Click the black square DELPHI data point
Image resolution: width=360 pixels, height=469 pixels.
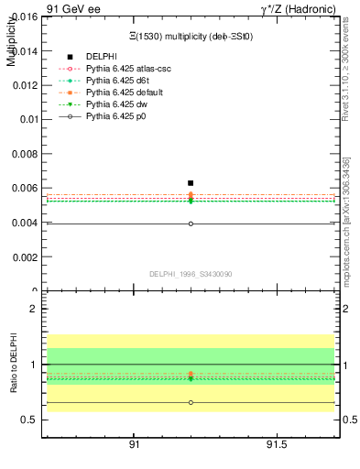tap(191, 183)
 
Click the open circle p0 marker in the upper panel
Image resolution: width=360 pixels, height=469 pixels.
tap(191, 224)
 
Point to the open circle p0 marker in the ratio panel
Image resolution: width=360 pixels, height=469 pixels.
tap(191, 402)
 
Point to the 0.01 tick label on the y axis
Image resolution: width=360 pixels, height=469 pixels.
tap(28, 119)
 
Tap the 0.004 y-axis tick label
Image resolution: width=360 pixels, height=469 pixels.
tap(25, 223)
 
